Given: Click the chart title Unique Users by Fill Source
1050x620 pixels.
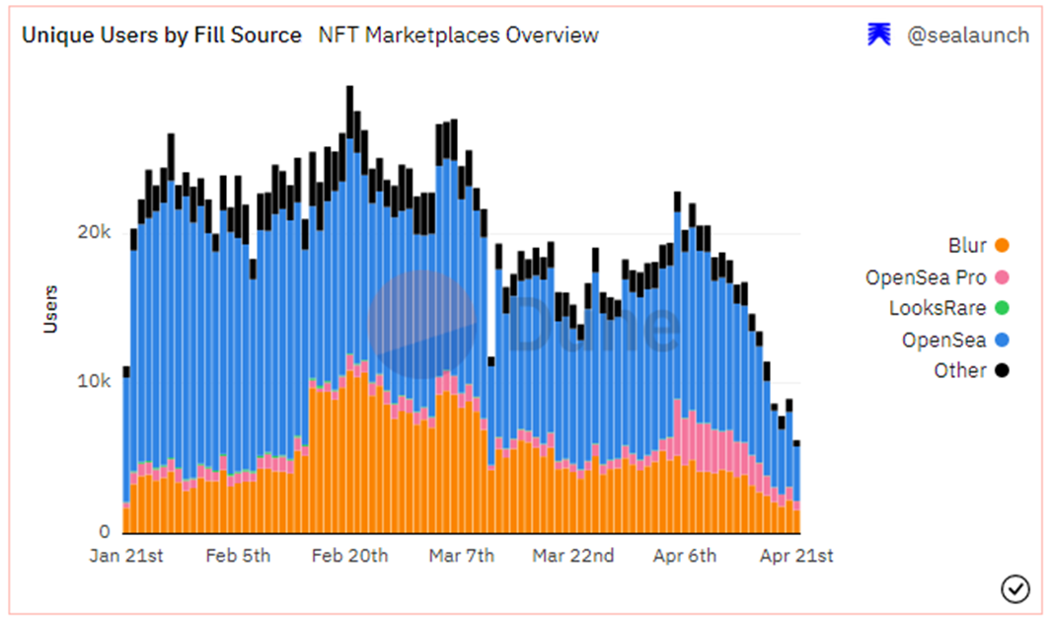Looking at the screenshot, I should (x=162, y=36).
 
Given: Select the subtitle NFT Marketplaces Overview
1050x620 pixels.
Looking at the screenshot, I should (x=458, y=36).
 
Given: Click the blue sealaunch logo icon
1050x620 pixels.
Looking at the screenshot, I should (x=878, y=35).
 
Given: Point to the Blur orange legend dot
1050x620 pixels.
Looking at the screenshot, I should (x=1002, y=246).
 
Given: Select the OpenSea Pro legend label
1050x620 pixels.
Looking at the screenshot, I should (x=925, y=277).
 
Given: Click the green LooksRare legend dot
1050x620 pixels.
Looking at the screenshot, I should (x=1002, y=308).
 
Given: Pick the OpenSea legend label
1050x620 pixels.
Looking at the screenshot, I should (x=943, y=340).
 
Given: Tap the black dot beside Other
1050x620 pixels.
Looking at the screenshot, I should (x=1002, y=371).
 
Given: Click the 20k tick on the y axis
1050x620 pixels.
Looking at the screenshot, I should (x=94, y=233).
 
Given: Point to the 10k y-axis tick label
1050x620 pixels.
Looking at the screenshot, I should (x=94, y=382).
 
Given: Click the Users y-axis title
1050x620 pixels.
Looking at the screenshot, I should (x=50, y=308).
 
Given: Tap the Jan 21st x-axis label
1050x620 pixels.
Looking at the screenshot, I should (x=126, y=556).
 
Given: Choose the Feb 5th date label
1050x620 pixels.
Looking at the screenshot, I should (x=238, y=556).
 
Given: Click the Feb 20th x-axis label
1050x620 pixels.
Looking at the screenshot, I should (x=349, y=556).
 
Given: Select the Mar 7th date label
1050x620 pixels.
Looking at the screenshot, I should (x=462, y=556).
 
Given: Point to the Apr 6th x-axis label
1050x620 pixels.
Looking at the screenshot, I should (x=685, y=556).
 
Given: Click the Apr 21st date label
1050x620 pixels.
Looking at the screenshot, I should (x=796, y=556).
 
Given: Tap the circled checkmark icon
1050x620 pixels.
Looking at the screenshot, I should (x=1014, y=588).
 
